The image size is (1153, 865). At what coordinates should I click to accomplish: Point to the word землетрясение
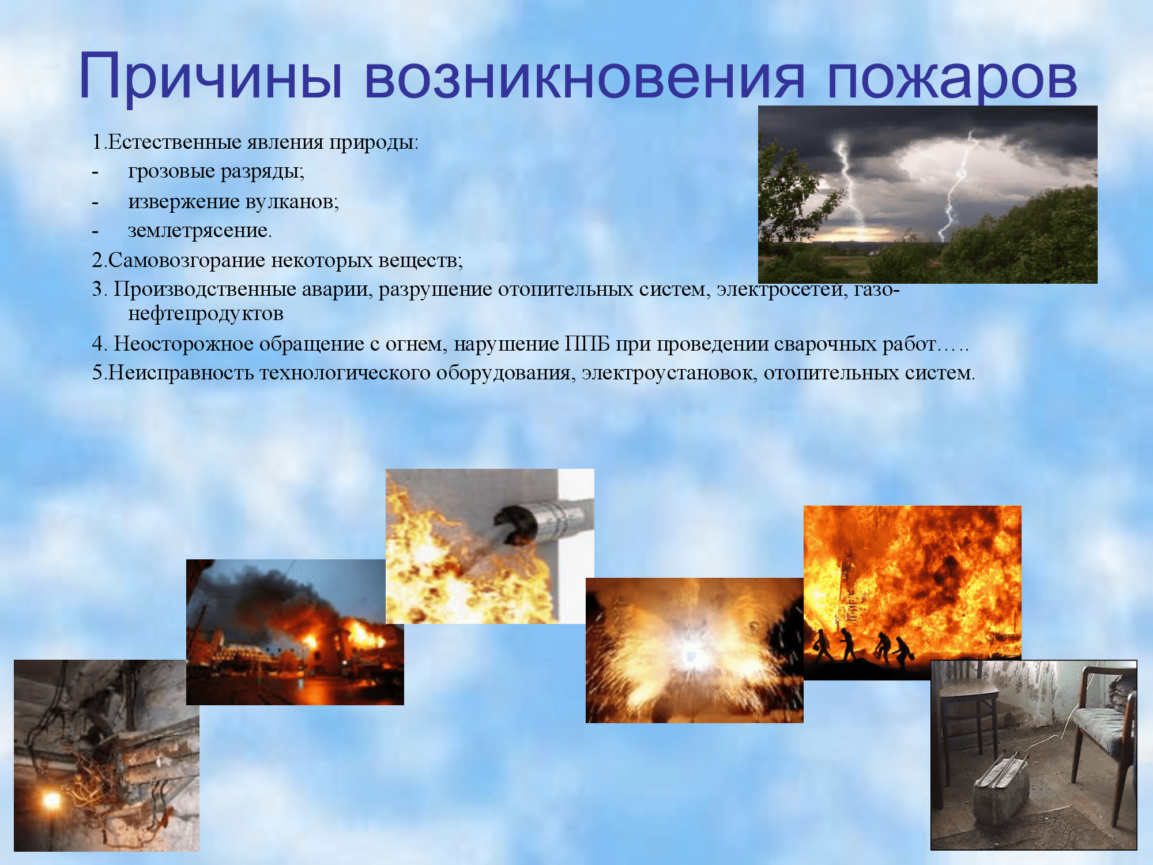tap(199, 231)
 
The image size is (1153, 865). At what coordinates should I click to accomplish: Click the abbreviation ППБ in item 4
tap(587, 344)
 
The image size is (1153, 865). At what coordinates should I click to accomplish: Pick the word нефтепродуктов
tap(206, 314)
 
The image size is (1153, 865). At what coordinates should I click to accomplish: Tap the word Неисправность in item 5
tap(181, 373)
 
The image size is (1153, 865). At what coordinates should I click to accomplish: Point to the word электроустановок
tap(669, 374)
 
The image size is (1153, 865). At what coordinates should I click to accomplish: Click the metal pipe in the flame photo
tap(545, 519)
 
